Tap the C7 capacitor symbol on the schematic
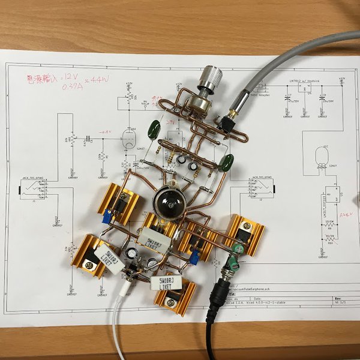(287, 98)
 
